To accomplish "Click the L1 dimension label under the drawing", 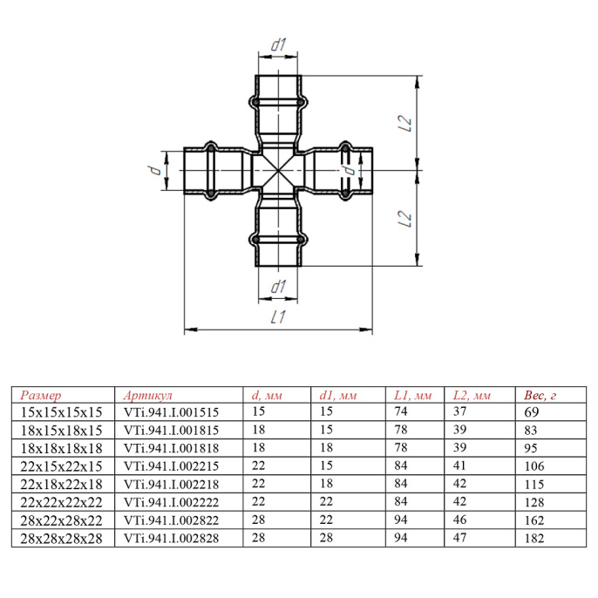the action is point(278,317).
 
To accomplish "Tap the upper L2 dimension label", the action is point(405,123).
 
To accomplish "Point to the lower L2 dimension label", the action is point(405,219).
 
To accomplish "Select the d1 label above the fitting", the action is point(278,44).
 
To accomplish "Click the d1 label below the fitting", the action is point(278,287).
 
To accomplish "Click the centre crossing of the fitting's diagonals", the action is point(278,170).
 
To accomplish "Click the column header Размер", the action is point(41,395).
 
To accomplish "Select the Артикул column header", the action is point(148,395).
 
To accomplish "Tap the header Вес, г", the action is point(540,395).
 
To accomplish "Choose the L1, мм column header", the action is point(412,395).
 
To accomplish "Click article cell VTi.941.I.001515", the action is point(171,412).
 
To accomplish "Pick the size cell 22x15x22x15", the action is point(61,466).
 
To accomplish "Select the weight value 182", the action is point(533,538).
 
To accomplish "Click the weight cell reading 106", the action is point(533,466).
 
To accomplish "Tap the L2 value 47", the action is point(459,537).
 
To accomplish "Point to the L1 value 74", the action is point(401,411).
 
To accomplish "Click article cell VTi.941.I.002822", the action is point(171,520).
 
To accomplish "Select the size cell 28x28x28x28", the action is point(61,539).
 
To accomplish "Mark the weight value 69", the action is point(531,411).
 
